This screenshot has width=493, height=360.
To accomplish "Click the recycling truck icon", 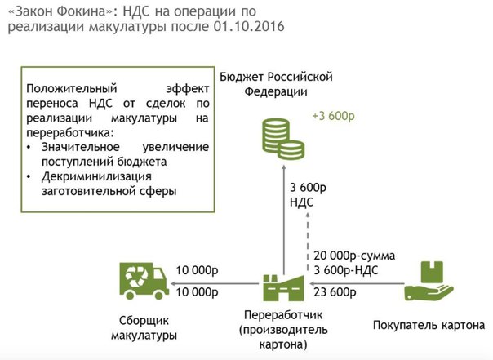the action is [144, 281].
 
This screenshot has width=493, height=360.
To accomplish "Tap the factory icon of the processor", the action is [283, 287].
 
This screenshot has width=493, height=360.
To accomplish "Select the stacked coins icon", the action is [283, 139].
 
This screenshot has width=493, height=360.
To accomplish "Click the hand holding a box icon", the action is [429, 281].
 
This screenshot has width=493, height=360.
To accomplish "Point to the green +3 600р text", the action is [333, 116].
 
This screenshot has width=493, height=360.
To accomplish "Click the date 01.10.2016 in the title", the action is [249, 26].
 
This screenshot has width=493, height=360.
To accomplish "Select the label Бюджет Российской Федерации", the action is [276, 84].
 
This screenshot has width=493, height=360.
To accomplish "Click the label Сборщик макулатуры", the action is [144, 328].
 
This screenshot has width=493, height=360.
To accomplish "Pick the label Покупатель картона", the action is [429, 325].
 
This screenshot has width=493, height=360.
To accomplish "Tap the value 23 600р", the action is [335, 292].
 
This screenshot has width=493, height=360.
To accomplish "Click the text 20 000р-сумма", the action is [354, 256].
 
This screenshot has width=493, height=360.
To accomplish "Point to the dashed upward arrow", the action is [308, 242].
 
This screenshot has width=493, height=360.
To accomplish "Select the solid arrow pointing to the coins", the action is [283, 220].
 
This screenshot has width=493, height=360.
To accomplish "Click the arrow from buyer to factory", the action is [357, 283].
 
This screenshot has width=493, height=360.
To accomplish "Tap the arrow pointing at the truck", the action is [215, 283].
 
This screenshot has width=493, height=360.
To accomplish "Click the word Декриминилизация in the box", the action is [96, 176].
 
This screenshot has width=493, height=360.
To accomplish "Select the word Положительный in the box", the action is [72, 89].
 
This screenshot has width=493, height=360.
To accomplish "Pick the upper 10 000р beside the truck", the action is [198, 270].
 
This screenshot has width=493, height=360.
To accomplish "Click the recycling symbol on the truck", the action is [136, 277].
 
